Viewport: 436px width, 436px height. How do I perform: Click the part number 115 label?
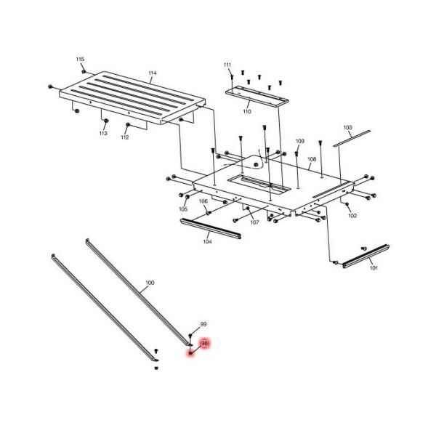tap(80, 59)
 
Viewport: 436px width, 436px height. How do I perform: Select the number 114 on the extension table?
tap(152, 73)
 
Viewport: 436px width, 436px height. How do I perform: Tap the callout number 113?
tap(103, 134)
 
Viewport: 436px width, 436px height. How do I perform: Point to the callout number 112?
tap(125, 137)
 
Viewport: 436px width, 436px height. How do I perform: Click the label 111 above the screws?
tap(227, 65)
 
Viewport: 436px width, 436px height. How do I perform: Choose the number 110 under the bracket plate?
tap(246, 113)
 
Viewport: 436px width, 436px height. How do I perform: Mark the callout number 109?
tap(299, 141)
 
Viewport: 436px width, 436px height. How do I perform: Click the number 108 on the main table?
tap(312, 159)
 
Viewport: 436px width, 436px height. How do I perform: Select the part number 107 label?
tap(254, 222)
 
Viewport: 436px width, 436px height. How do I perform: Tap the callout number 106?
tap(203, 201)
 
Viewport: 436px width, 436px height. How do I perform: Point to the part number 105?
tap(183, 209)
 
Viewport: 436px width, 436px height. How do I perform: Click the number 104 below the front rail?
tap(207, 241)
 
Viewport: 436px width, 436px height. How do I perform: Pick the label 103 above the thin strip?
tap(347, 128)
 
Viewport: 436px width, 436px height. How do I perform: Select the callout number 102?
tap(352, 216)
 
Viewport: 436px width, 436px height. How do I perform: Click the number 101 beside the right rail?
tap(374, 268)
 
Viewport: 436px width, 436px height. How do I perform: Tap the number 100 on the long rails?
tap(150, 281)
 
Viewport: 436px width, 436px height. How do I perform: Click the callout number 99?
tap(203, 323)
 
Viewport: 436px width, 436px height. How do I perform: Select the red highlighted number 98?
tap(204, 343)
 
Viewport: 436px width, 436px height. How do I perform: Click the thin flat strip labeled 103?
tap(352, 138)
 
